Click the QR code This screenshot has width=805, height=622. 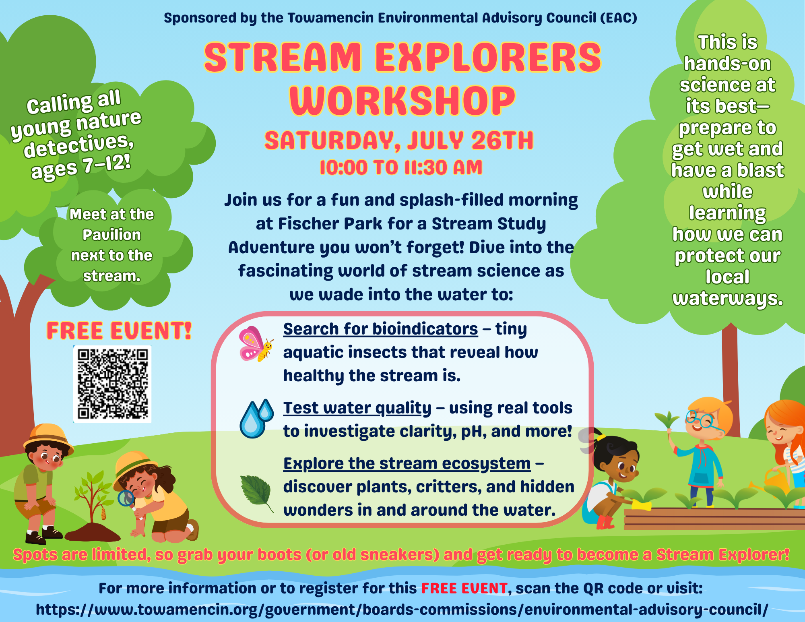pos(112,384)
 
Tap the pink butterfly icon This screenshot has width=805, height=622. pos(256,344)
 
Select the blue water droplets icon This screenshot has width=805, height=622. pos(256,419)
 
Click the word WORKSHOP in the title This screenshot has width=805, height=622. pos(402,100)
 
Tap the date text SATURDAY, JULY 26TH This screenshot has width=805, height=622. pos(399,140)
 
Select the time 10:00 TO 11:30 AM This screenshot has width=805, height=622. pos(401,167)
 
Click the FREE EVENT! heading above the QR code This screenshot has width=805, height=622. pos(119,331)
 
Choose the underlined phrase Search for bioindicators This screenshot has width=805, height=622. pos(381,329)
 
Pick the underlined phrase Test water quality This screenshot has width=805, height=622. pos(357,408)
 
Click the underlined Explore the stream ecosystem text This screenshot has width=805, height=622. pos(407,464)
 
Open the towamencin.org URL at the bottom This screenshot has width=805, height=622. pos(402,610)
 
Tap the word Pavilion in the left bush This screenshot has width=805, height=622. pos(112,235)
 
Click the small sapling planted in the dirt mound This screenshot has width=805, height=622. pos(93,497)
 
